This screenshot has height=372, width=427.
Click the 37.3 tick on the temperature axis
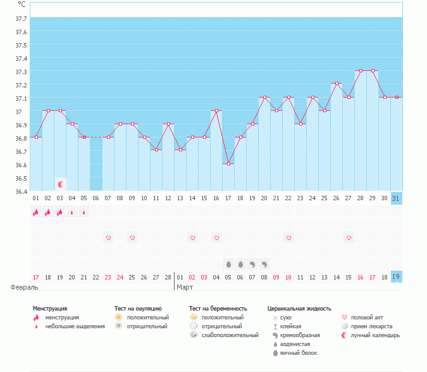click(21, 72)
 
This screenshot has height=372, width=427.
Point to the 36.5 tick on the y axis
click(21, 165)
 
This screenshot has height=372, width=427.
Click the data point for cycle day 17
click(228, 164)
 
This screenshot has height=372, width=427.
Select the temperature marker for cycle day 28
click(361, 71)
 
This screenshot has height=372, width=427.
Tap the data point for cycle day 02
click(48, 110)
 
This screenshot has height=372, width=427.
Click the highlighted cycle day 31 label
click(397, 198)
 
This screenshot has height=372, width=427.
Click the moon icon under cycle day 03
click(61, 184)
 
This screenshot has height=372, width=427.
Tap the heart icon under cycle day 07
click(108, 238)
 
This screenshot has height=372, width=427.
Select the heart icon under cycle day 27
click(349, 238)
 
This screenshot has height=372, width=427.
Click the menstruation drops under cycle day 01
click(36, 212)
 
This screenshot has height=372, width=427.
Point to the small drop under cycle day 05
click(84, 212)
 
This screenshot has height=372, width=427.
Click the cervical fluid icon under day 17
click(228, 264)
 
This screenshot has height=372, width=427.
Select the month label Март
click(185, 287)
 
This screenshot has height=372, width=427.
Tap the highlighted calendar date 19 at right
click(397, 277)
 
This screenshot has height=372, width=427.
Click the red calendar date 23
click(108, 277)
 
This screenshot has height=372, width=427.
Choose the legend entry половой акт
click(366, 317)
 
